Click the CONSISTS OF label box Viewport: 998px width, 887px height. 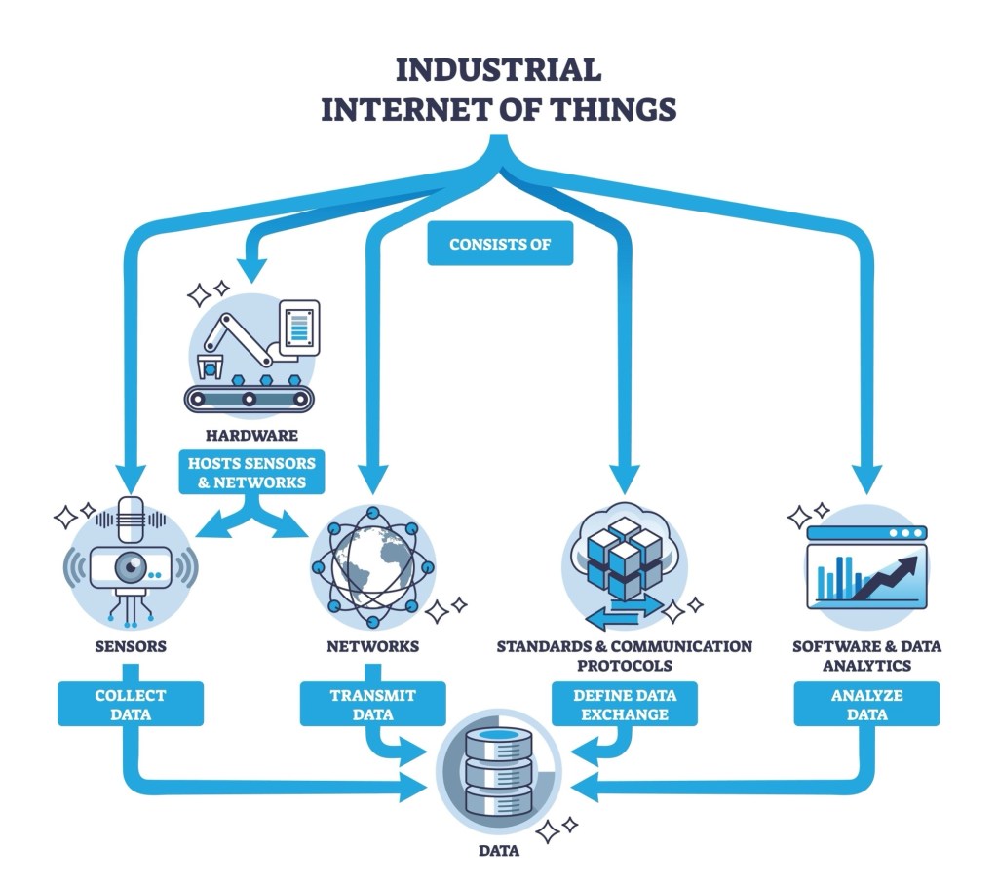(x=500, y=244)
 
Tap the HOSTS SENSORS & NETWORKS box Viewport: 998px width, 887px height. (x=253, y=472)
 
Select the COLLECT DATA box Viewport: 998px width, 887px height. (x=131, y=705)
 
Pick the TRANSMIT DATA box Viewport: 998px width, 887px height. (x=372, y=705)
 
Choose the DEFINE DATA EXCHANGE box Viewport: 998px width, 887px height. (x=625, y=705)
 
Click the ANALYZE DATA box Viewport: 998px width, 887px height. (x=866, y=705)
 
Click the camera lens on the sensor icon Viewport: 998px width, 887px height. (x=131, y=567)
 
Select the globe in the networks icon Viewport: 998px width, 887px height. (x=371, y=564)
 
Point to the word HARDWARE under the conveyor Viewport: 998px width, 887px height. (x=251, y=435)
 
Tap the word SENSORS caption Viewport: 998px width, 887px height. (x=131, y=646)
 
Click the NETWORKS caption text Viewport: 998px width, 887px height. (x=372, y=646)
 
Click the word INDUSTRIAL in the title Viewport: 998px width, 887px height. (x=498, y=69)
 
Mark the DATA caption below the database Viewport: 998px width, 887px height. (x=498, y=851)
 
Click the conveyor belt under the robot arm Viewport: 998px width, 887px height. (x=251, y=398)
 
